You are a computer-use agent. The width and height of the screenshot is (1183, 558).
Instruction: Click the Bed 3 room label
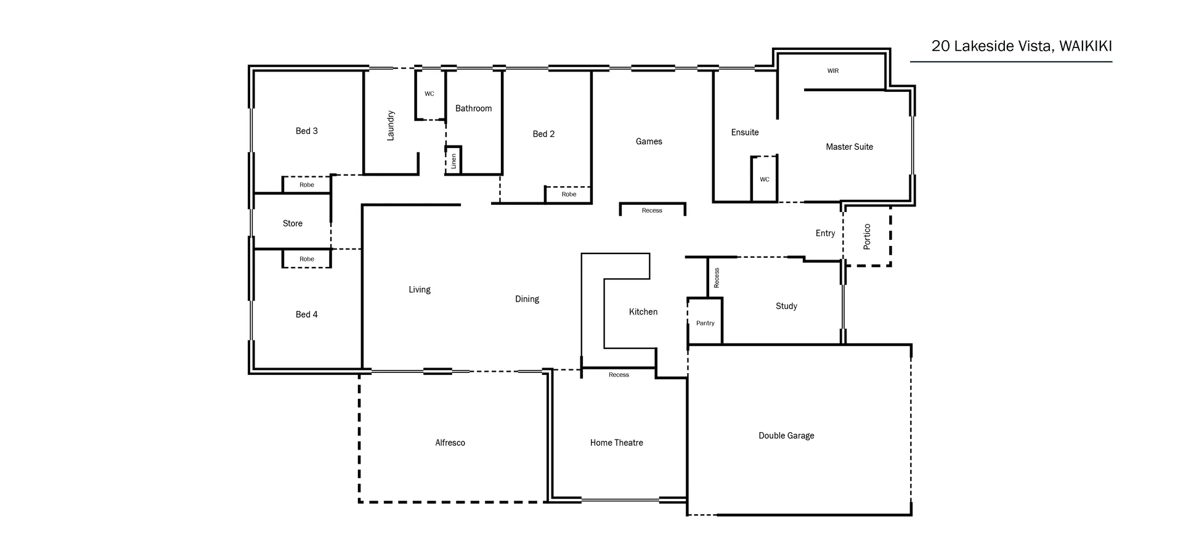pos(307,131)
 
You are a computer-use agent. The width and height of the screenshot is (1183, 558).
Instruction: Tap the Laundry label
pos(390,126)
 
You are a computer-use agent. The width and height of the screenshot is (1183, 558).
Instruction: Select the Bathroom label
pos(473,109)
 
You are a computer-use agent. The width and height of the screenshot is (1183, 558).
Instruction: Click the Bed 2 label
pos(543,134)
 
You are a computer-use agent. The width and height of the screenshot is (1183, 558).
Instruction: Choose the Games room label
pos(649,141)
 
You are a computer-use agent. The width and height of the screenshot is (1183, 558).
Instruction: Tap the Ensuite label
pos(744,133)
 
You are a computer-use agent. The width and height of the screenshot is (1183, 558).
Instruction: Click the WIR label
pos(832,71)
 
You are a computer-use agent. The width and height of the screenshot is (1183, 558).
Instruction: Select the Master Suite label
pos(849,147)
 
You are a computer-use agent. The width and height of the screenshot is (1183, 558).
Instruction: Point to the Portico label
pos(867,236)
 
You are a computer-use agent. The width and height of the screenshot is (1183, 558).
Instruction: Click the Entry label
pos(825,233)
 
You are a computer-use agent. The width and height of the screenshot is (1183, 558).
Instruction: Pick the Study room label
pos(786,306)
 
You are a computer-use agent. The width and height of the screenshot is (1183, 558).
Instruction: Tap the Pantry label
pos(705,323)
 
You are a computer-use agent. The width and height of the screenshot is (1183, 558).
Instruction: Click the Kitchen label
pos(643,312)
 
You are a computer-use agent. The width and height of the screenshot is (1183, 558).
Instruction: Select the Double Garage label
pos(786,436)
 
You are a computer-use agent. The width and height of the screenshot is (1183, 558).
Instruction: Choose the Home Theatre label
pos(616,443)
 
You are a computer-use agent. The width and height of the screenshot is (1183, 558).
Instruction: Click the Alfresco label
pos(450,443)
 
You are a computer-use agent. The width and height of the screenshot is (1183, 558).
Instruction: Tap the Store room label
pos(292,224)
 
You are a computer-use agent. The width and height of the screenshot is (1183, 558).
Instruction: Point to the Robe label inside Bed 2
pos(569,194)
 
